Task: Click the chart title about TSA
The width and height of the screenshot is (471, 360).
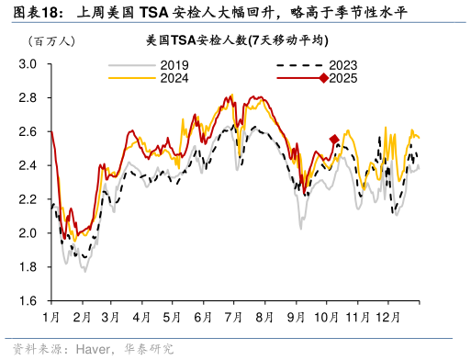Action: [238, 41]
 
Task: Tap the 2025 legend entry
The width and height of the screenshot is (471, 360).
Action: [342, 79]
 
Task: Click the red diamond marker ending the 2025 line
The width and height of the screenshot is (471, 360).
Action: [334, 140]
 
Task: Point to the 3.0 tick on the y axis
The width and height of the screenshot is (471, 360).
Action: [28, 64]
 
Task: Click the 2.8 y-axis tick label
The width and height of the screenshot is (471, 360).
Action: [28, 98]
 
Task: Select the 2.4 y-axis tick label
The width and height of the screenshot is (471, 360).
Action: [28, 165]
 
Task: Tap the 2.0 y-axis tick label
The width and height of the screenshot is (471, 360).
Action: [28, 233]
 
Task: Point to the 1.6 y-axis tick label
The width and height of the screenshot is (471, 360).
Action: [28, 301]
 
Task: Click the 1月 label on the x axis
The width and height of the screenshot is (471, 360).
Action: [51, 317]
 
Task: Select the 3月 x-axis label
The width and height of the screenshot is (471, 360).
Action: [111, 317]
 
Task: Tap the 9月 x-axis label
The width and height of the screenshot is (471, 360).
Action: [295, 317]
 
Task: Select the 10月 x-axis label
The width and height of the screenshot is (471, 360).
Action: [325, 317]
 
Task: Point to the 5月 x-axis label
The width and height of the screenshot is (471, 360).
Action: [172, 317]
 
